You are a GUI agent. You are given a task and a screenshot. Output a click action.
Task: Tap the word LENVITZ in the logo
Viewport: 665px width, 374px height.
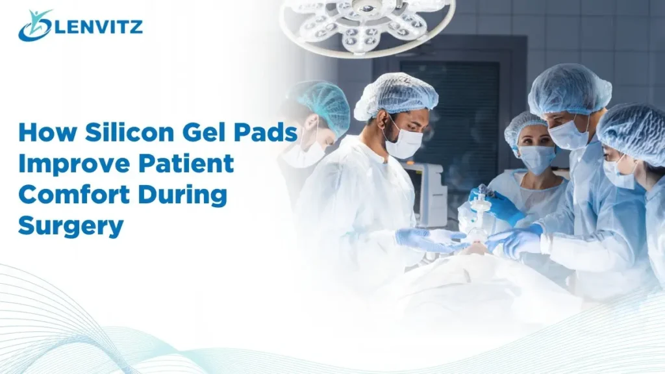tap(97, 27)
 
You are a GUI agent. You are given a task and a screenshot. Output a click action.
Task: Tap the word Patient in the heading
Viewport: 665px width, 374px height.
tap(188, 163)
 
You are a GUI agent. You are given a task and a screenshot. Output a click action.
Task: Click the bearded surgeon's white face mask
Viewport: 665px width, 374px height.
tap(404, 142)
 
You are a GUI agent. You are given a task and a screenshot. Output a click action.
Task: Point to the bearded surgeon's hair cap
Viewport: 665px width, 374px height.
tap(396, 95)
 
